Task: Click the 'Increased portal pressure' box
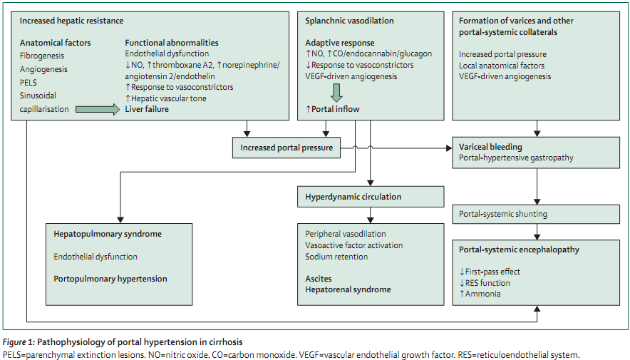pyautogui.click(x=286, y=148)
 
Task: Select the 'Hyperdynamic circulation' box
pyautogui.click(x=371, y=197)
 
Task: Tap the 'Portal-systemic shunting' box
pyautogui.click(x=536, y=214)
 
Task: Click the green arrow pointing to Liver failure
pyautogui.click(x=98, y=109)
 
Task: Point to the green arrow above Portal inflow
pyautogui.click(x=336, y=93)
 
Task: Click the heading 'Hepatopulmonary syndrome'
pyautogui.click(x=108, y=234)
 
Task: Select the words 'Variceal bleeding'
pyautogui.click(x=490, y=147)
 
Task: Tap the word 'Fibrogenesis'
pyautogui.click(x=42, y=56)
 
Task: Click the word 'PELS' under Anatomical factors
pyautogui.click(x=28, y=83)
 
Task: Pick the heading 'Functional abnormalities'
pyautogui.click(x=172, y=43)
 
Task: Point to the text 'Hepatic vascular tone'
pyautogui.click(x=169, y=98)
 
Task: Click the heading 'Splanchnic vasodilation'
pyautogui.click(x=349, y=21)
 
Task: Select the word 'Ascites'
pyautogui.click(x=319, y=279)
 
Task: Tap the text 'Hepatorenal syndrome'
pyautogui.click(x=348, y=289)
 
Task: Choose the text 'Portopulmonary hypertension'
pyautogui.click(x=110, y=279)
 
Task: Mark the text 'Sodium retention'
pyautogui.click(x=336, y=257)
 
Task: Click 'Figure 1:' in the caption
pyautogui.click(x=19, y=342)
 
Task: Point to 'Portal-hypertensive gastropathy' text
pyautogui.click(x=516, y=158)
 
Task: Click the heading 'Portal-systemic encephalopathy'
pyautogui.click(x=519, y=250)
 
